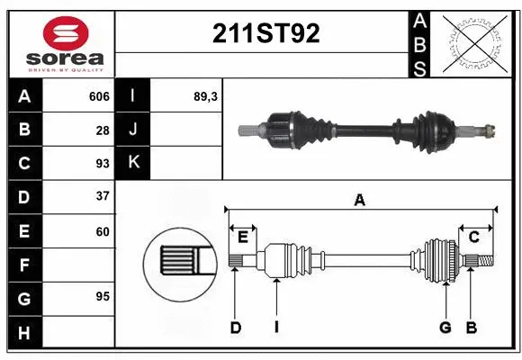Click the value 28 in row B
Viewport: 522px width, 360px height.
(x=103, y=130)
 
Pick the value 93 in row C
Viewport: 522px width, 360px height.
(x=103, y=163)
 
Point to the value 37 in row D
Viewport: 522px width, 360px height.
(x=103, y=196)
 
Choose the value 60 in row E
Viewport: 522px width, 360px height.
(x=103, y=231)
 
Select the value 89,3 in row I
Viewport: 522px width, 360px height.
(x=206, y=96)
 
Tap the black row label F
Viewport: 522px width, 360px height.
(x=24, y=265)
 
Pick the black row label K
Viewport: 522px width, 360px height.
(x=133, y=163)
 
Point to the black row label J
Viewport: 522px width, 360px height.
(x=133, y=130)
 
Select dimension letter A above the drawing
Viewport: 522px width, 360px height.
(x=360, y=201)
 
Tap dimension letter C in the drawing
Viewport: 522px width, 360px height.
(x=473, y=237)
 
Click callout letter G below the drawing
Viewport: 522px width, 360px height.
(x=445, y=328)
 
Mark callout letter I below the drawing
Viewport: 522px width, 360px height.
(x=276, y=328)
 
